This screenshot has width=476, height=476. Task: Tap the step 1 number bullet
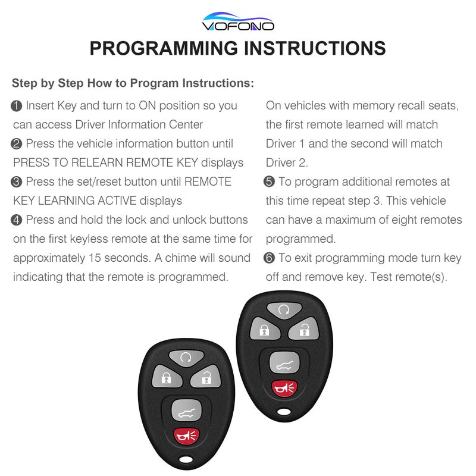click(17, 106)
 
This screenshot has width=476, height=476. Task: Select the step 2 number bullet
click(17, 144)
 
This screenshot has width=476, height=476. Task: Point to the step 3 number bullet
click(17, 182)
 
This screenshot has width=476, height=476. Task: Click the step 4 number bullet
click(17, 220)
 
